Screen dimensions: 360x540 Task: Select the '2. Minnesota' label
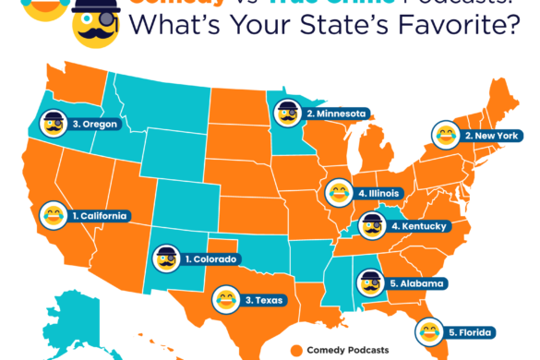(337, 114)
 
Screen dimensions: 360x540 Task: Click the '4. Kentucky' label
(418, 225)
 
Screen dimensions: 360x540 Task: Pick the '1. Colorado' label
(212, 258)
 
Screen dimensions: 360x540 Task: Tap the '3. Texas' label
(266, 300)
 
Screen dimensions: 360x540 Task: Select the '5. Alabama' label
(417, 283)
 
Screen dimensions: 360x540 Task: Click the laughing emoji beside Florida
(428, 330)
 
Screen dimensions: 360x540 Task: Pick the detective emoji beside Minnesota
(287, 114)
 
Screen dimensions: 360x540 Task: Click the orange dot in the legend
(296, 350)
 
